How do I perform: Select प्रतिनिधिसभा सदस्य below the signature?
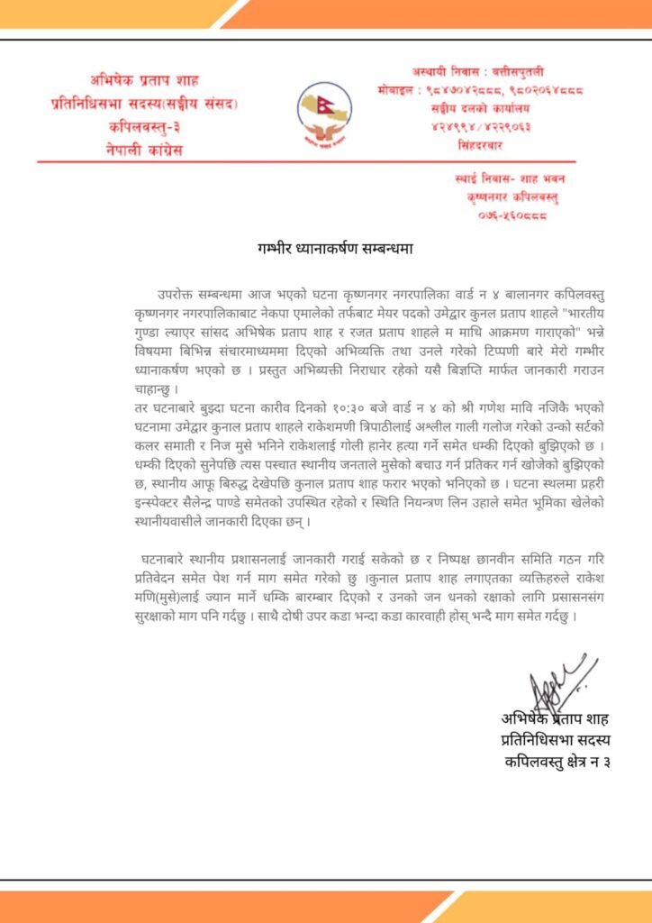coord(556,740)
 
